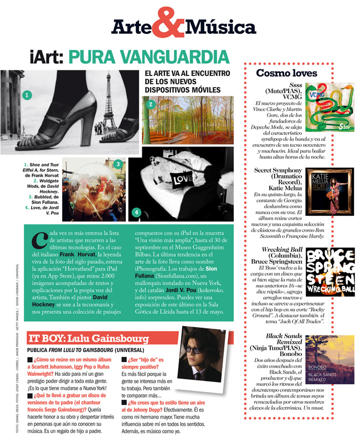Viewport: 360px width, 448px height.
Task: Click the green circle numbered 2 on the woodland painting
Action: [150, 104]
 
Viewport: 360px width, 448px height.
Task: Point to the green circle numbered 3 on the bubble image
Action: [117, 164]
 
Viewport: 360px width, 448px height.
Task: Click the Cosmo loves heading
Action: [286, 73]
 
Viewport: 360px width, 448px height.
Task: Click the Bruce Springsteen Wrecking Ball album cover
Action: [330, 272]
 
